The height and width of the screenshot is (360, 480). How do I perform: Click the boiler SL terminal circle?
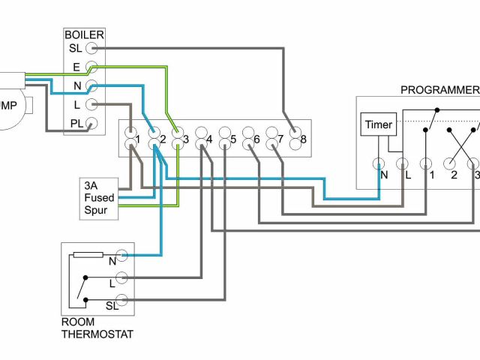[92, 47]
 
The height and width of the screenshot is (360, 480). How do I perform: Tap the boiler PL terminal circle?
[92, 124]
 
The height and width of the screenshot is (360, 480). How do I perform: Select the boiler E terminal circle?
[92, 67]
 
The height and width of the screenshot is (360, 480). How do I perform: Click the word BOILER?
[84, 34]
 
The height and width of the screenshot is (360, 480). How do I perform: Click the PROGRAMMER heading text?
[439, 90]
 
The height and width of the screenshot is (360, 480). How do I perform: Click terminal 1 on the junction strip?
[130, 139]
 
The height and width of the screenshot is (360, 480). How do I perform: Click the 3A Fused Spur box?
[100, 197]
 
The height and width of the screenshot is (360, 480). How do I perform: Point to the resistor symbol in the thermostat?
[88, 255]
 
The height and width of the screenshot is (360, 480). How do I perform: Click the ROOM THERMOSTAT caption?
[97, 328]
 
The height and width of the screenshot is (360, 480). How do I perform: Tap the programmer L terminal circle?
[401, 163]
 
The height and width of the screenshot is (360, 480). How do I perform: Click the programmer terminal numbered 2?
[451, 163]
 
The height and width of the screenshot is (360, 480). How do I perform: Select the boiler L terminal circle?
[92, 105]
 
